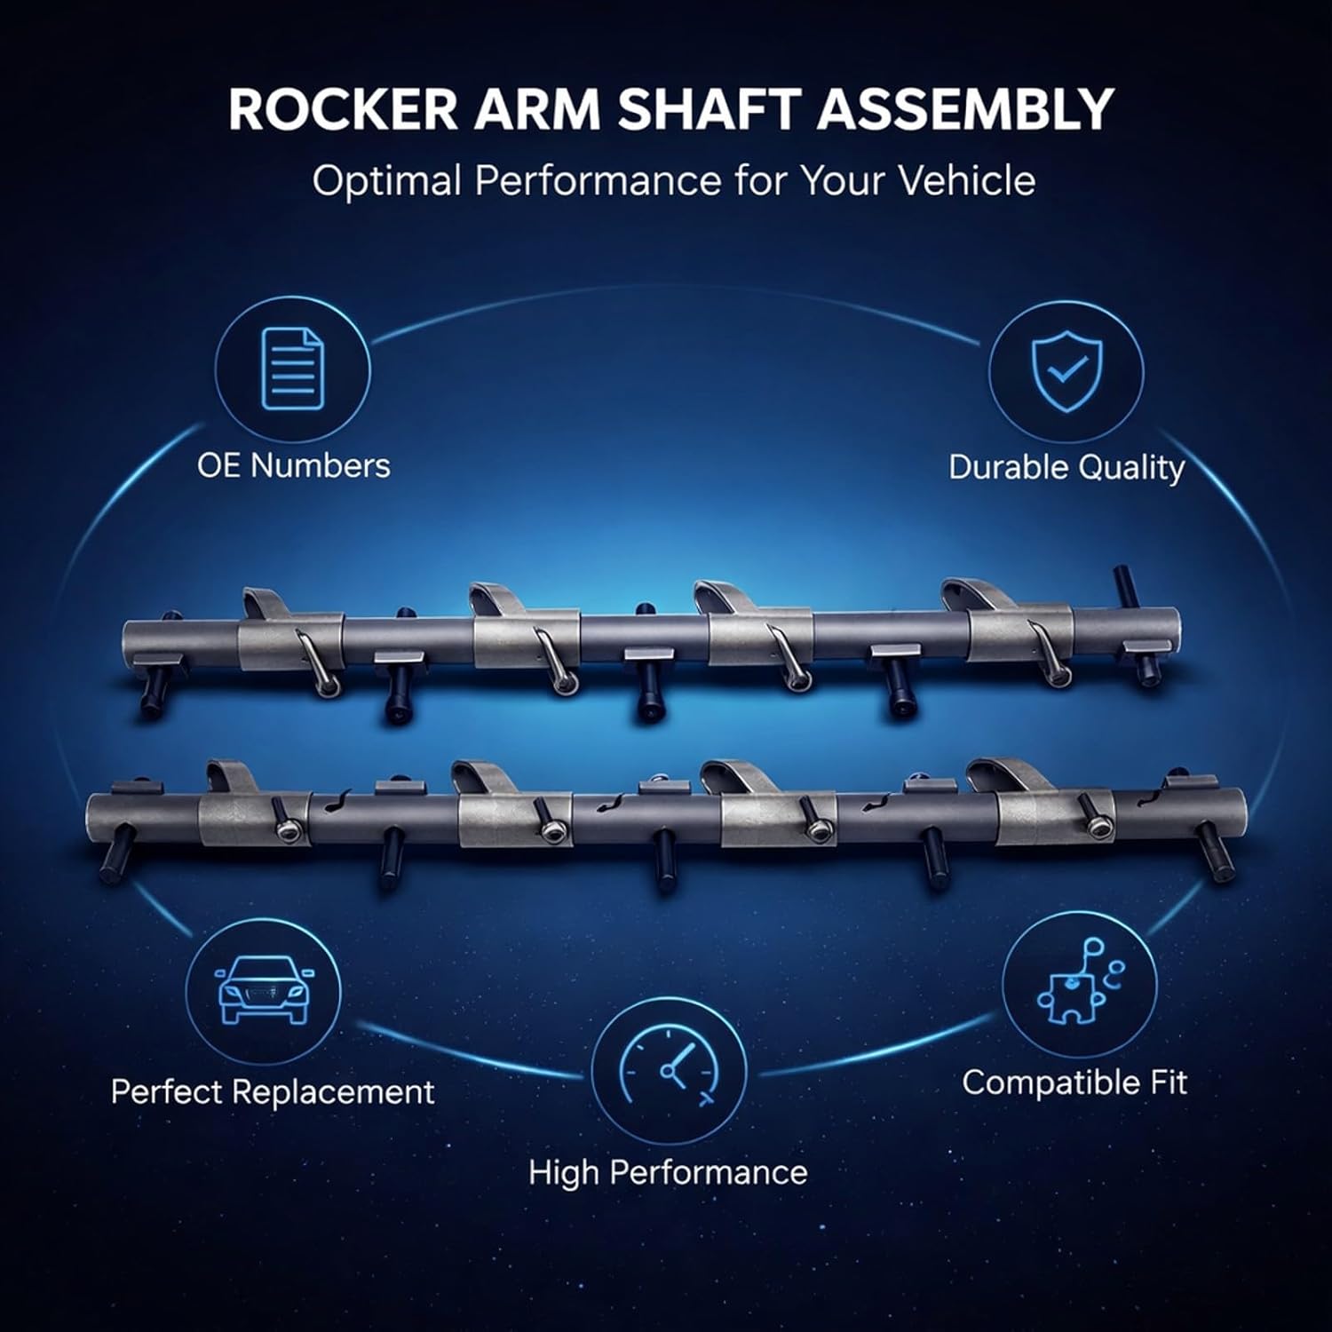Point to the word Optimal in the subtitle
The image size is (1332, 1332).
(x=386, y=180)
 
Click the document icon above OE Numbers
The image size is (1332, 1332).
(x=293, y=369)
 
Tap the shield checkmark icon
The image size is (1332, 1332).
(x=1066, y=370)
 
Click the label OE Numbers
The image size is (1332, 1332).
(x=293, y=465)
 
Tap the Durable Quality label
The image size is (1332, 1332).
(x=1066, y=467)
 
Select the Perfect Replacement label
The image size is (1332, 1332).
(x=273, y=1091)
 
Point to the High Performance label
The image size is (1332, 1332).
(x=668, y=1172)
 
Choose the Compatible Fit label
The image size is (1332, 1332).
(x=1074, y=1082)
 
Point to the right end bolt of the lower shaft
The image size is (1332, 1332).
(x=1217, y=848)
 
